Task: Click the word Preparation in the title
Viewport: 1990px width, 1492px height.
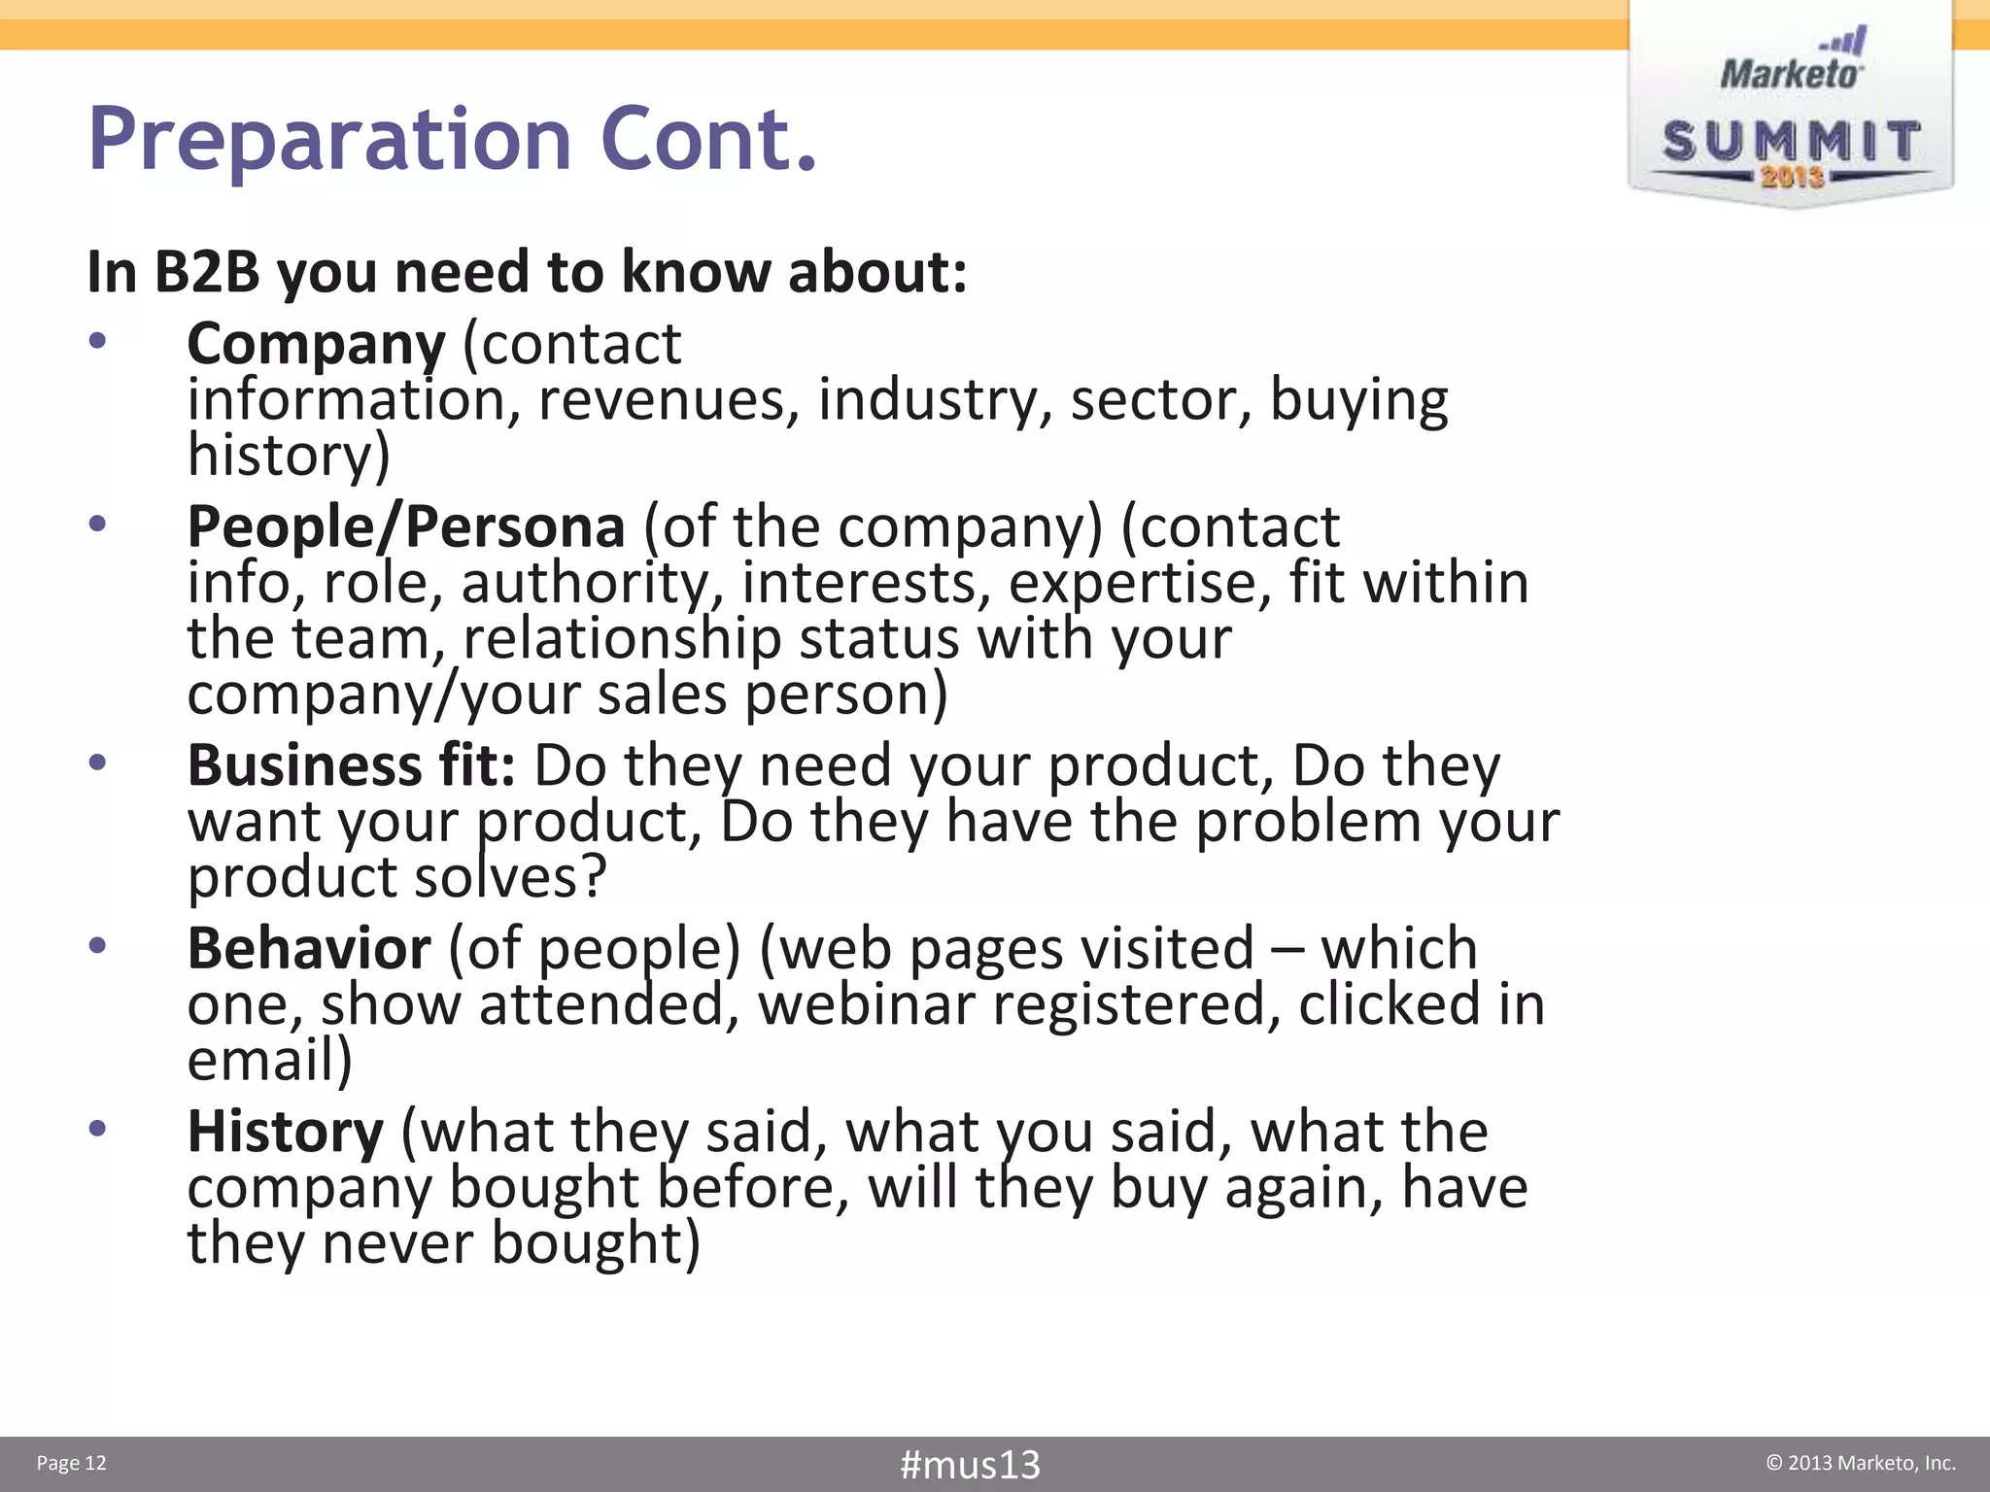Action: point(329,141)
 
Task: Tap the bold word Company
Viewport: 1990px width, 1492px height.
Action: point(316,345)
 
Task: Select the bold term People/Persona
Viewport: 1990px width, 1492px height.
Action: point(406,527)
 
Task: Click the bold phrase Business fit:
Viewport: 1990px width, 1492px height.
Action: point(351,765)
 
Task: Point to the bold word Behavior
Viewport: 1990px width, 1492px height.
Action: point(308,949)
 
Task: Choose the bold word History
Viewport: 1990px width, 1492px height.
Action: point(286,1133)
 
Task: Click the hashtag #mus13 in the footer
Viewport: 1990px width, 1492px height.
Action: point(970,1464)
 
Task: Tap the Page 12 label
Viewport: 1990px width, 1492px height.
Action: point(71,1464)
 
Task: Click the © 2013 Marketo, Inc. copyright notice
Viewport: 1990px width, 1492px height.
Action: point(1860,1464)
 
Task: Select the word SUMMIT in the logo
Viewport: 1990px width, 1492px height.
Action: point(1791,142)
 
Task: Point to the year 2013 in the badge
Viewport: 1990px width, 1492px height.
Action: point(1792,178)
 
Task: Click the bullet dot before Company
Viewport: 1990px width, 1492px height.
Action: point(97,342)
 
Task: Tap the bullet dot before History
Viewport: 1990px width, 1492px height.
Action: point(97,1130)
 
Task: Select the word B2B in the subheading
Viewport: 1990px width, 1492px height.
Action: point(207,272)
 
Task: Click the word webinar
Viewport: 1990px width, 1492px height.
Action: point(866,1005)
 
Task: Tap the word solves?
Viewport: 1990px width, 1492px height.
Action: point(510,877)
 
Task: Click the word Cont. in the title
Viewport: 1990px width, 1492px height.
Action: point(708,141)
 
